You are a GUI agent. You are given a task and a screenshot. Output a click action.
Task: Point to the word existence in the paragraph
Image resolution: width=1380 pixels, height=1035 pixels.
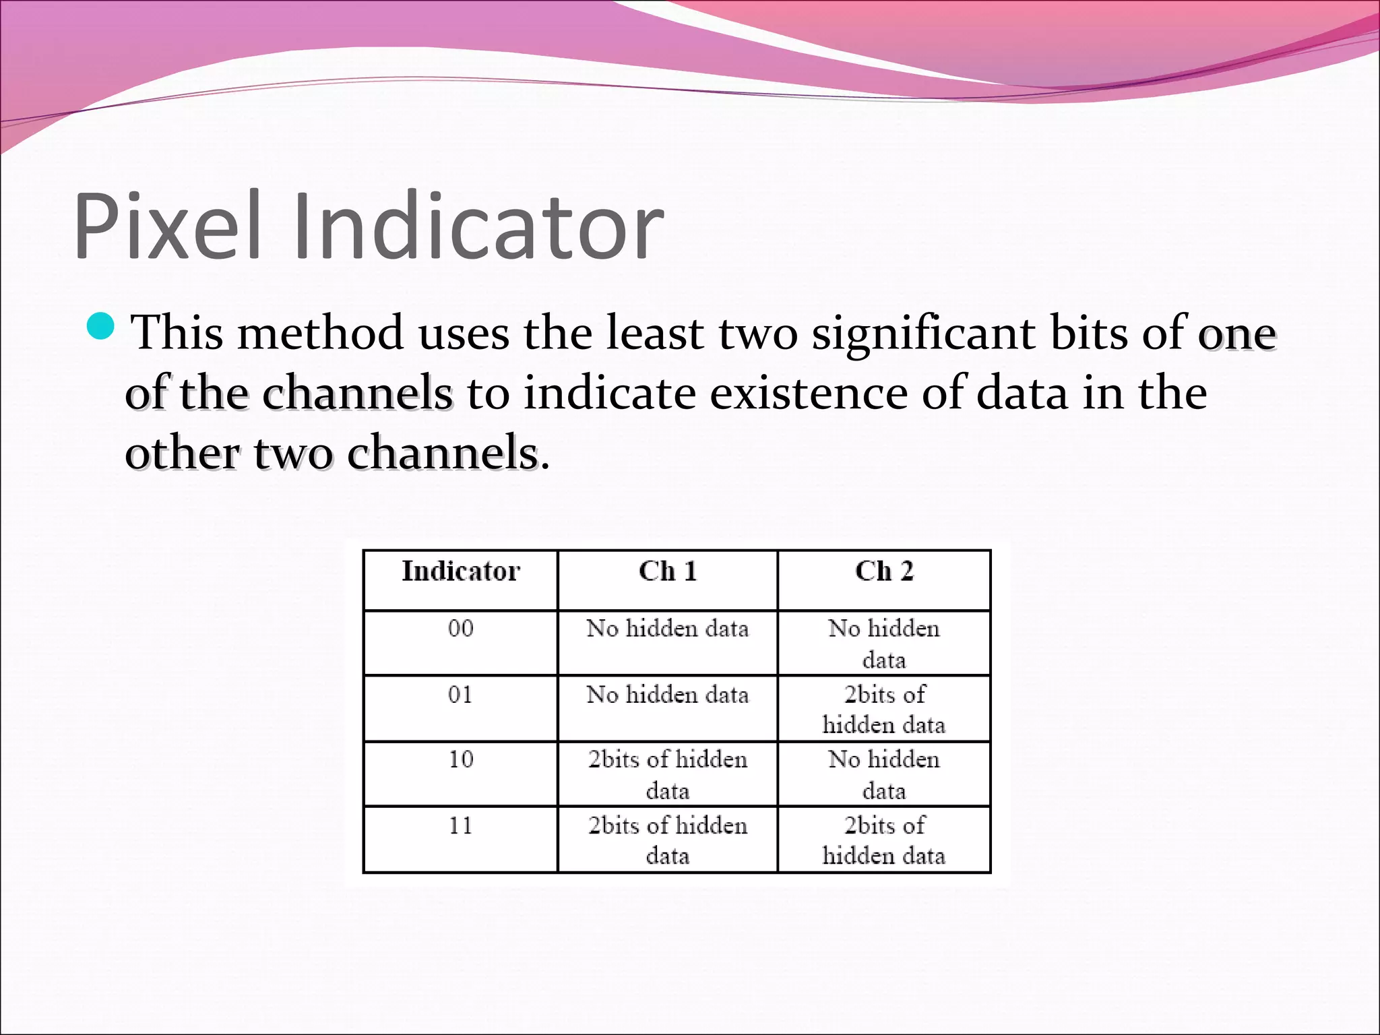click(x=809, y=393)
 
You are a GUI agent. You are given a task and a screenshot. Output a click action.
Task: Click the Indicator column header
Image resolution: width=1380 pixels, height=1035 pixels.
click(x=461, y=571)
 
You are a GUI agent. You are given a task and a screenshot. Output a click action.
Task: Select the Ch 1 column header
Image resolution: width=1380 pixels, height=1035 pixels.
click(x=667, y=571)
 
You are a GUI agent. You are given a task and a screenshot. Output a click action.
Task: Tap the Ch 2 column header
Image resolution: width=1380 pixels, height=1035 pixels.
click(x=884, y=571)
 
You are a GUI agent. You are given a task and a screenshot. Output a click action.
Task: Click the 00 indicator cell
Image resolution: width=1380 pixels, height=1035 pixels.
click(x=461, y=629)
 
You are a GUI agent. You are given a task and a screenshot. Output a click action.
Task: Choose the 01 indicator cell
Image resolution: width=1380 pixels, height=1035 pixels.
click(x=461, y=695)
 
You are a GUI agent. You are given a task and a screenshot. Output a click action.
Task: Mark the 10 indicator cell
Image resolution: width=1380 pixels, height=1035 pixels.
click(x=461, y=760)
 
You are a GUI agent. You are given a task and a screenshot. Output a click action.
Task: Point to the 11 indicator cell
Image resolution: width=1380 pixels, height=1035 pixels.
click(x=461, y=825)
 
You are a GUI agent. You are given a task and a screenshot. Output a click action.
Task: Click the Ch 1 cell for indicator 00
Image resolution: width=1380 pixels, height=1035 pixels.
click(x=667, y=629)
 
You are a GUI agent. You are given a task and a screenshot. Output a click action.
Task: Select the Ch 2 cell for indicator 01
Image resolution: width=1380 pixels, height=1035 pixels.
click(x=884, y=710)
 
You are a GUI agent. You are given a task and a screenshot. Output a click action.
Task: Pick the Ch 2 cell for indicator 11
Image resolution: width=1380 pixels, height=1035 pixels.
click(x=884, y=840)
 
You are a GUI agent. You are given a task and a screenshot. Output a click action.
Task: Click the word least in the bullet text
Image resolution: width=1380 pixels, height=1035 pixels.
click(x=654, y=333)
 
